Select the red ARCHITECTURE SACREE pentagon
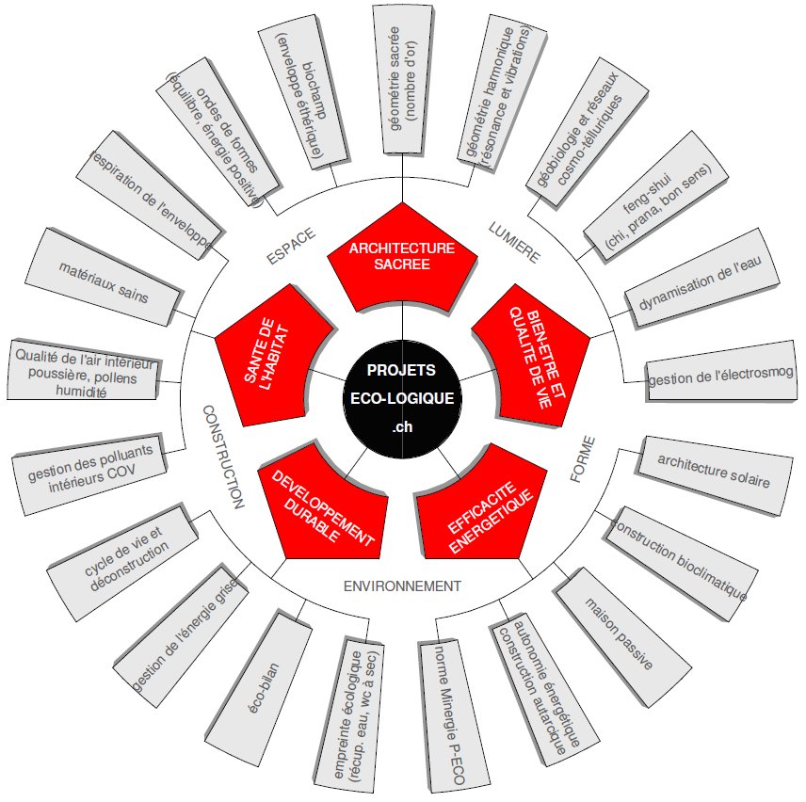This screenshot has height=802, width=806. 402,255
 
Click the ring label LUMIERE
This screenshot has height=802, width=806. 514,242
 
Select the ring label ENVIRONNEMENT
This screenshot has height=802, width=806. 402,585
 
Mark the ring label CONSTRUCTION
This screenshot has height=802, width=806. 222,457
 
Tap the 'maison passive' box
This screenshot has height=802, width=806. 618,632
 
